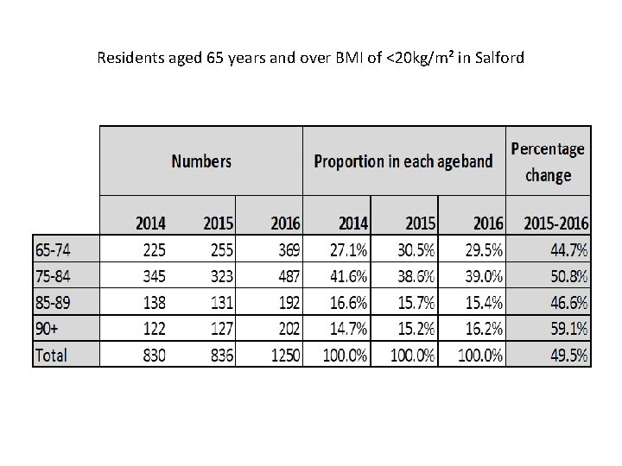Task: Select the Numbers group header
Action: tap(201, 161)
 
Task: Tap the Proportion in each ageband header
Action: tap(403, 161)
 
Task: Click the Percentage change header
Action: tap(548, 161)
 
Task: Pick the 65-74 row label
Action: tap(54, 250)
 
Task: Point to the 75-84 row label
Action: tap(54, 277)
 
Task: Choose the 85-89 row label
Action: tap(54, 303)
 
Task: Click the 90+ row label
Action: tap(48, 329)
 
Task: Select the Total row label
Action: tap(51, 355)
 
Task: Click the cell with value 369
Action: tap(286, 250)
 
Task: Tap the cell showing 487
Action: tap(286, 277)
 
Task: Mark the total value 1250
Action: tap(282, 355)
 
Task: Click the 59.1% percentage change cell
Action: tap(568, 329)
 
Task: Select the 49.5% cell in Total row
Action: tap(568, 355)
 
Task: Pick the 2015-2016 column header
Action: tap(556, 223)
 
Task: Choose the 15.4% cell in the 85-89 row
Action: tap(485, 303)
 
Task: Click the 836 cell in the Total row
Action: tap(219, 355)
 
